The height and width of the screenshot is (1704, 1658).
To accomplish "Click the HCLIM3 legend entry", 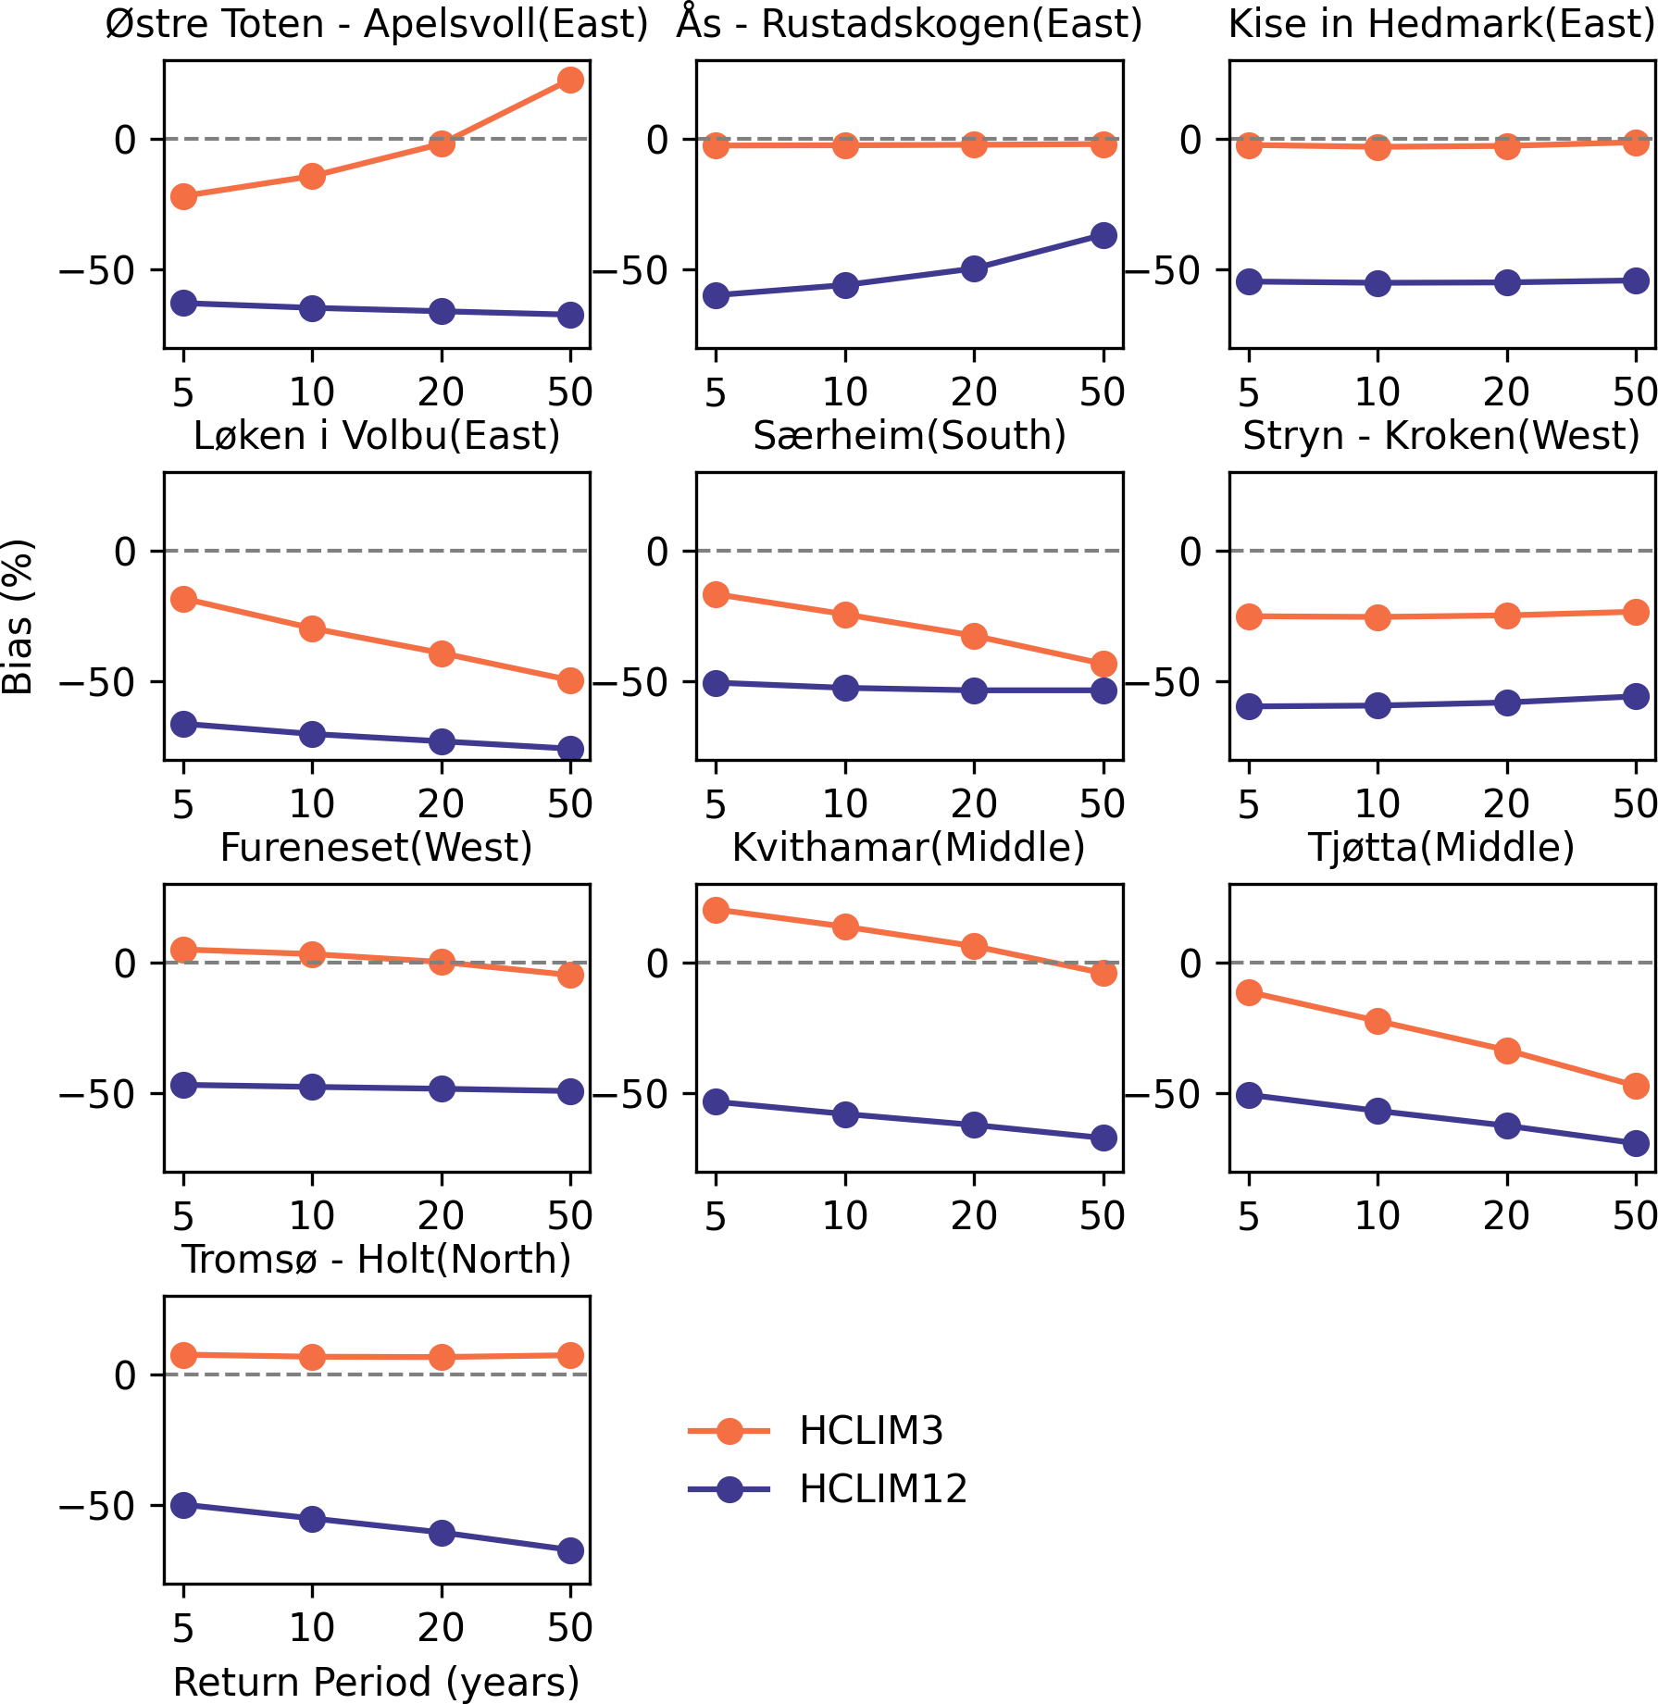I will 870,1431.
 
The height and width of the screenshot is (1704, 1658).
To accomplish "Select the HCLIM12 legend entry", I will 882,1489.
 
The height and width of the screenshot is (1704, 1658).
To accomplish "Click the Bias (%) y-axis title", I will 19,616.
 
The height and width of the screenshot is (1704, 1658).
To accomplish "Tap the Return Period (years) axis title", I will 376,1682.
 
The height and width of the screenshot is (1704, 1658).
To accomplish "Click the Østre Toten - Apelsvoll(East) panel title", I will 376,24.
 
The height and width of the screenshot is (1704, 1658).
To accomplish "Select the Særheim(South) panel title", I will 909,436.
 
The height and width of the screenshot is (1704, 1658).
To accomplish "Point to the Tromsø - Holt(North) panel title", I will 376,1260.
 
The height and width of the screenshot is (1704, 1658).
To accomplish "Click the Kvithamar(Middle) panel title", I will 908,848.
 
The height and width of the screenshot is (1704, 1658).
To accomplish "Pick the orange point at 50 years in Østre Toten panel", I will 571,81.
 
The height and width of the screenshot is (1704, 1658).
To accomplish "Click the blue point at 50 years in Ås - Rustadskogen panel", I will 1103,235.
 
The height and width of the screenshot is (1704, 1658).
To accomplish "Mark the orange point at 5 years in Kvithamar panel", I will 716,910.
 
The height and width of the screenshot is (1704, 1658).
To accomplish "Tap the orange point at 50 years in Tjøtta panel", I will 1636,1086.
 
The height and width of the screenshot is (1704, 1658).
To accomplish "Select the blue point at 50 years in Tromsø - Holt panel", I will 571,1550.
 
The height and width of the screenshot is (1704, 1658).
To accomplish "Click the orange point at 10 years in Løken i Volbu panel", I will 313,628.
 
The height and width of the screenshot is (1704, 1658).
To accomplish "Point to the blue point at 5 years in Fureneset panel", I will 184,1085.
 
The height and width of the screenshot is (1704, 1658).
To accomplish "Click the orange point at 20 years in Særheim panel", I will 974,636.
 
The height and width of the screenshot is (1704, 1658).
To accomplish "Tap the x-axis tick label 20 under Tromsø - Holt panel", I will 441,1627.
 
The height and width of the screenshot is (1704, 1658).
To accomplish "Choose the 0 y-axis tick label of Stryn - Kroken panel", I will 1191,552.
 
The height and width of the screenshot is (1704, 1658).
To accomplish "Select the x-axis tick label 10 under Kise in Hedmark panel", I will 1378,392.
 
